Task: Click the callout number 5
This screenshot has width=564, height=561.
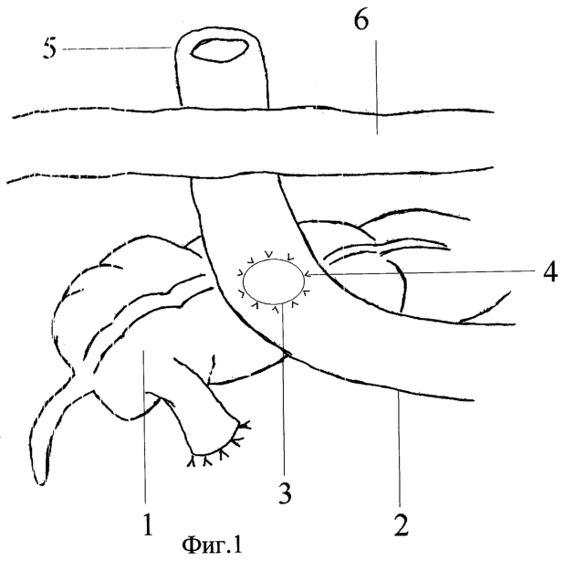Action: pyautogui.click(x=49, y=48)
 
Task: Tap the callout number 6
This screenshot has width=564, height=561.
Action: pyautogui.click(x=361, y=20)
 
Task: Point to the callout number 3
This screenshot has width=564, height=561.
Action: pyautogui.click(x=285, y=492)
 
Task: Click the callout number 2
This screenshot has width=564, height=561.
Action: pyautogui.click(x=401, y=525)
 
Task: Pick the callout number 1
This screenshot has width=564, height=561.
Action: pyautogui.click(x=148, y=524)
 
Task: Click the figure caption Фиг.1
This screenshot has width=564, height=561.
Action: pyautogui.click(x=213, y=545)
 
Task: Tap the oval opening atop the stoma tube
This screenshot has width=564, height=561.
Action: pyautogui.click(x=219, y=50)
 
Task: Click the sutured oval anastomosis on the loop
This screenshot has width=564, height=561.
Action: pyautogui.click(x=274, y=281)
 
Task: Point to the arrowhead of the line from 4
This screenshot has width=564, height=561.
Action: pyautogui.click(x=307, y=275)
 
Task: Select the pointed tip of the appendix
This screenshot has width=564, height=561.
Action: pyautogui.click(x=41, y=482)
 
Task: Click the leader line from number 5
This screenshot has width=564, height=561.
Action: pyautogui.click(x=117, y=48)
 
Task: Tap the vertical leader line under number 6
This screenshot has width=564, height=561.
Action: pyautogui.click(x=377, y=87)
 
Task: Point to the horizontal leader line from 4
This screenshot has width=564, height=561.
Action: pyautogui.click(x=421, y=273)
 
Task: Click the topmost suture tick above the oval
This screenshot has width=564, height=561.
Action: pyautogui.click(x=268, y=254)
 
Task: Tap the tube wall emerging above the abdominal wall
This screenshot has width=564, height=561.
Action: pyautogui.click(x=221, y=69)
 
